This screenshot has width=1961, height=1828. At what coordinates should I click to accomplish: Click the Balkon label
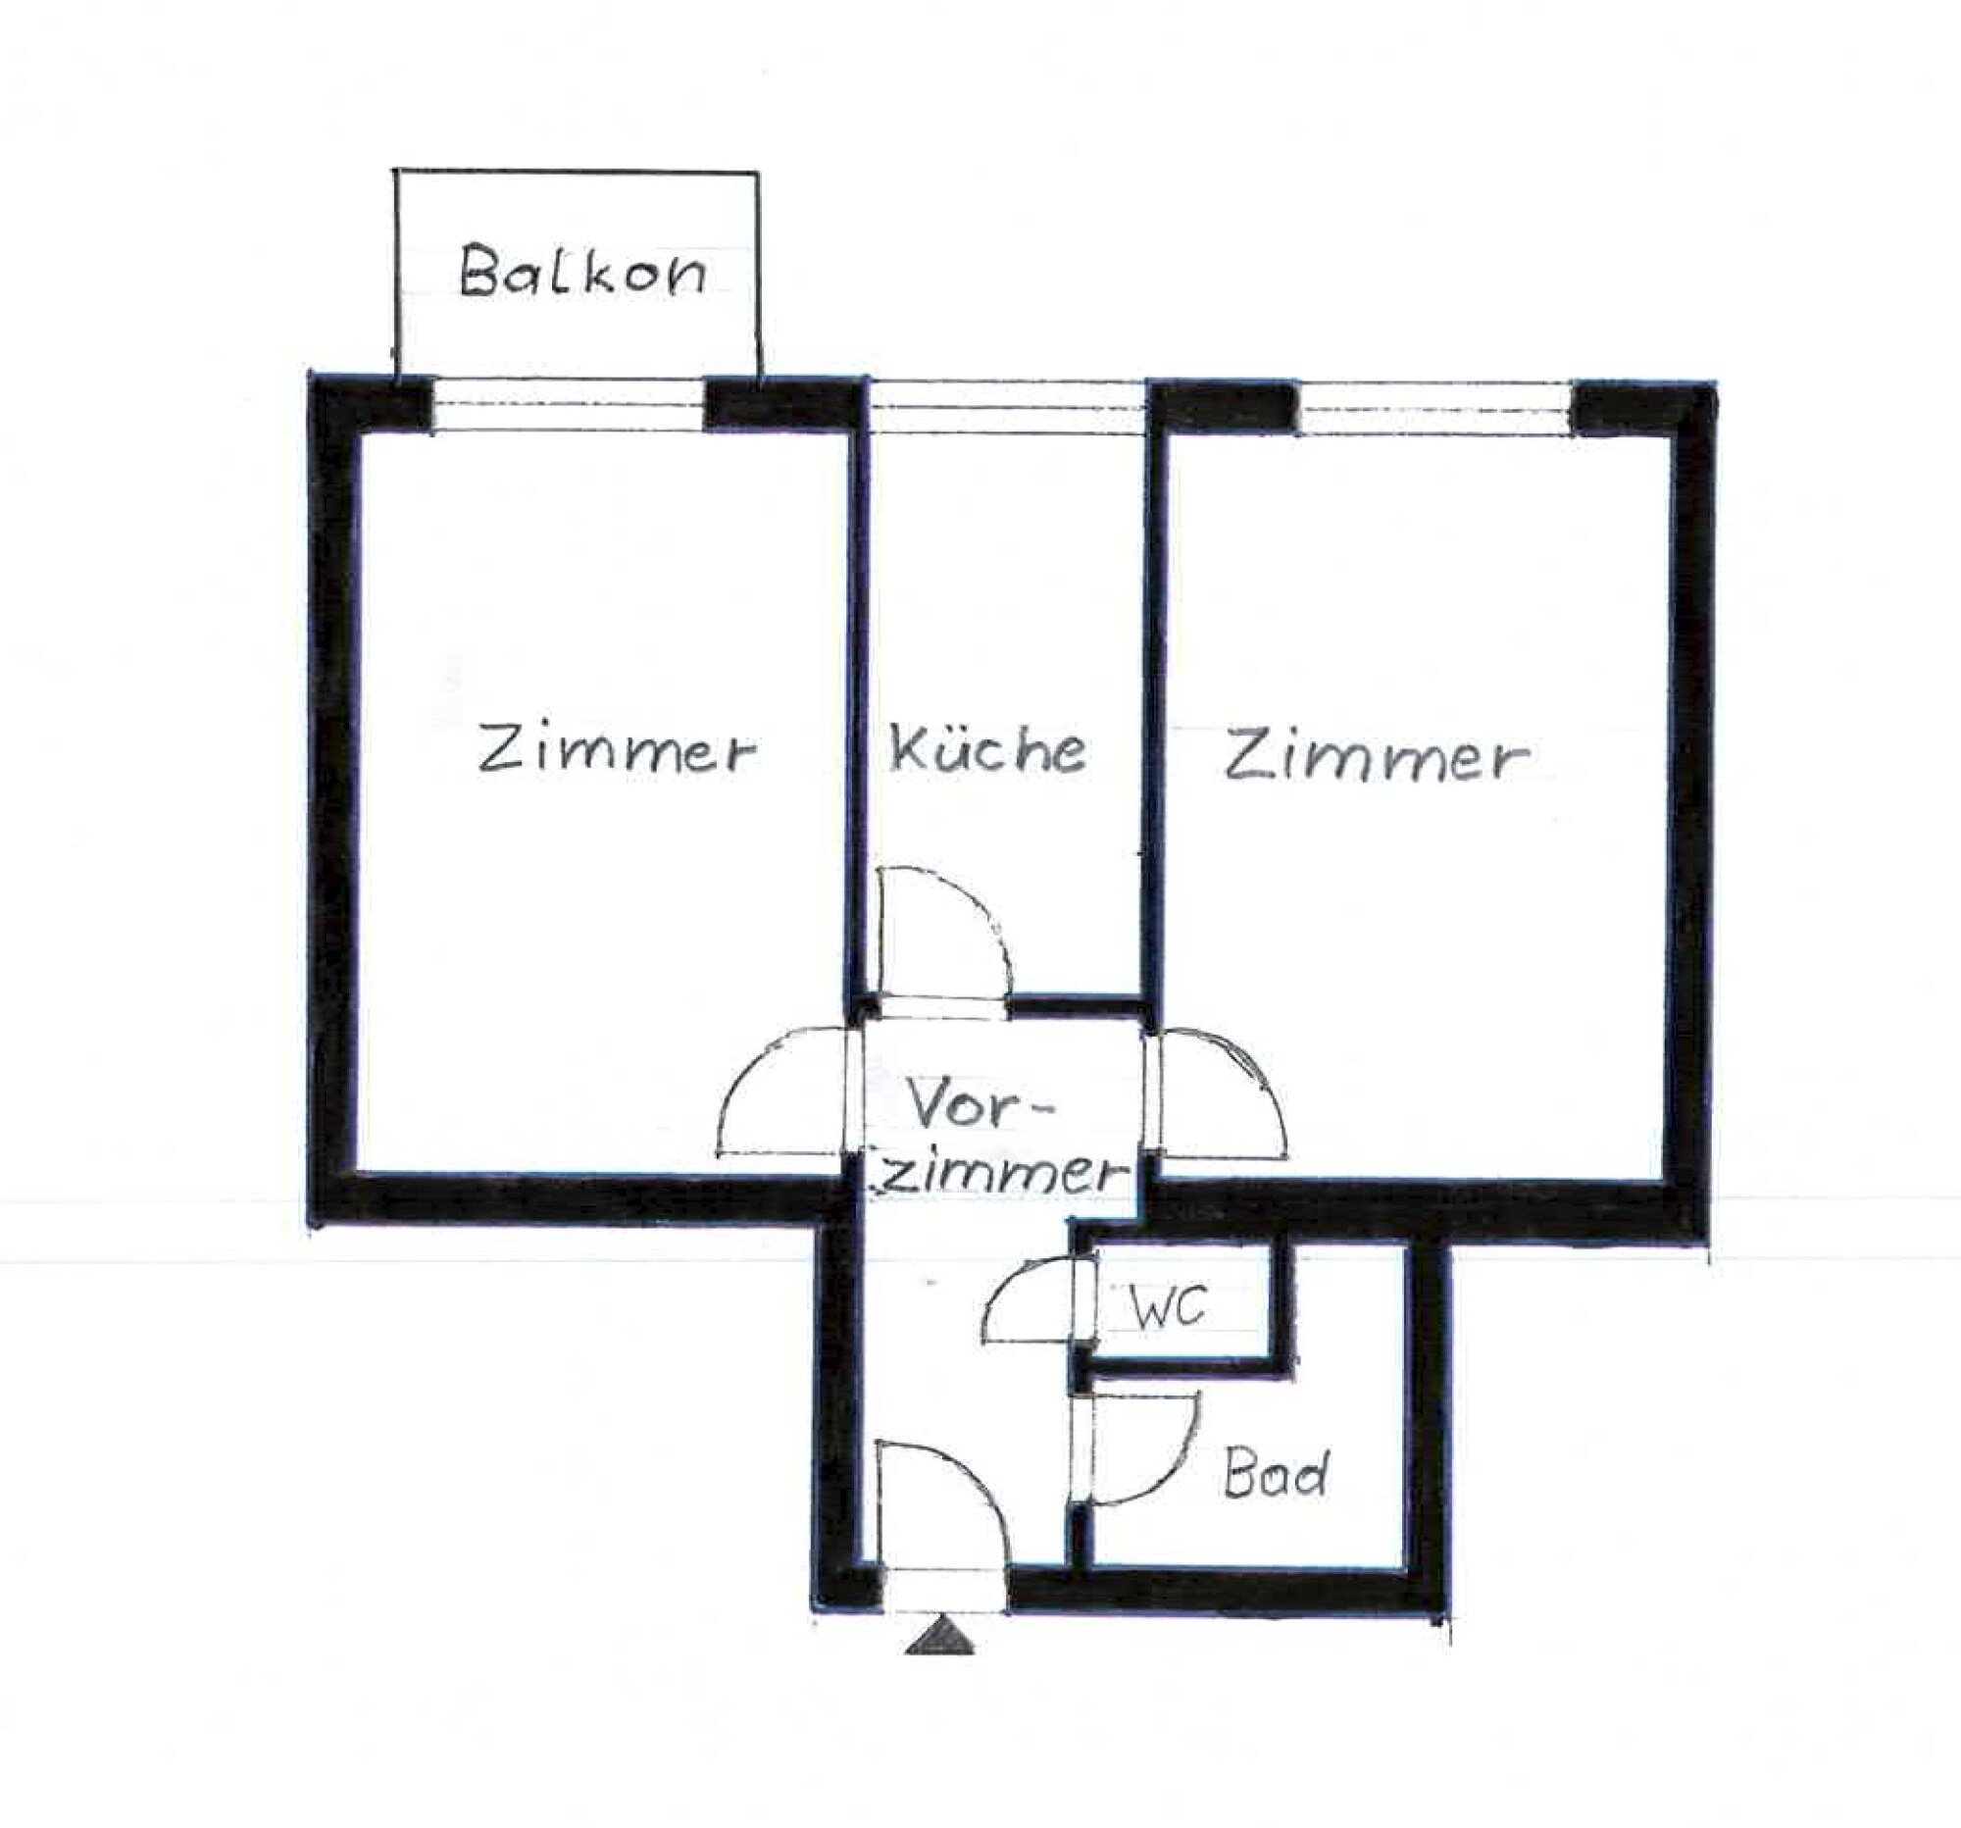[x=582, y=271]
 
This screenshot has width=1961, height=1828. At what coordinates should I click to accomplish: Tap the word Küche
[x=988, y=750]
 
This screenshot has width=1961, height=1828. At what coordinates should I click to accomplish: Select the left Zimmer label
[x=618, y=751]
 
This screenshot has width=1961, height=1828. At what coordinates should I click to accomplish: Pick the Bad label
[x=1276, y=1476]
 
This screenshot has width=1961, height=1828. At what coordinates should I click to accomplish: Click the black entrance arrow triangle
[x=940, y=1638]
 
